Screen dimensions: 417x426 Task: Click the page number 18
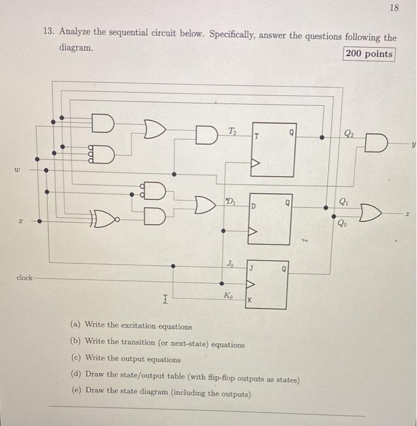point(393,9)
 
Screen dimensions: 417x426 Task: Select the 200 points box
point(369,54)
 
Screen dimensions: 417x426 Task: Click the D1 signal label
point(231,200)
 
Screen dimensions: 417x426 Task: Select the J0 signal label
point(230,264)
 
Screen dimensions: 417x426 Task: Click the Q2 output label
point(349,134)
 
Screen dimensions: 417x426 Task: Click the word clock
point(25,278)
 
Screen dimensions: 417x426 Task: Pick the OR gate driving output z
point(370,213)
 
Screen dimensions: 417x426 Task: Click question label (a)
point(75,326)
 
